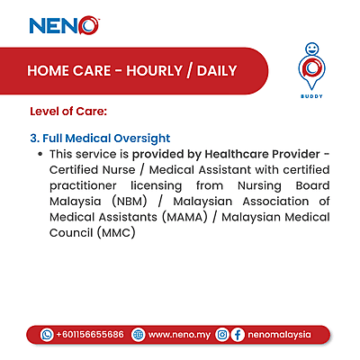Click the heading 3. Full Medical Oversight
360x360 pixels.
tap(100, 139)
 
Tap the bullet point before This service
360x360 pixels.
tap(41, 155)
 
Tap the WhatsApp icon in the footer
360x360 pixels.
tap(48, 334)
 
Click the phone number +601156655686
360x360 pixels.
tap(90, 334)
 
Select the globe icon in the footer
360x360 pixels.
tap(138, 334)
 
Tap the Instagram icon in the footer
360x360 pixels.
tap(221, 334)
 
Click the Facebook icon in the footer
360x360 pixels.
tap(238, 334)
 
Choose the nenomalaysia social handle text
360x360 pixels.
tap(279, 334)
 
